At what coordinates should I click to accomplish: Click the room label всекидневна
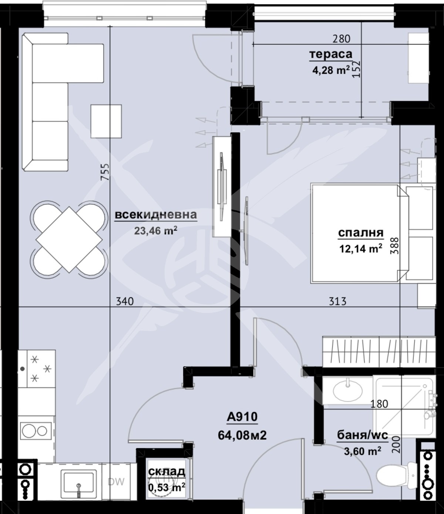pyautogui.click(x=156, y=215)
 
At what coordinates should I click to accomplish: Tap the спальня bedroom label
pyautogui.click(x=361, y=233)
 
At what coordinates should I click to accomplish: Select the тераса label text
pyautogui.click(x=331, y=54)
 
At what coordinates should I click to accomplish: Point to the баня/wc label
pyautogui.click(x=363, y=435)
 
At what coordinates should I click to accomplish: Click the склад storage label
pyautogui.click(x=166, y=471)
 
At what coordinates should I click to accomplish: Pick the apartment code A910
pyautogui.click(x=242, y=416)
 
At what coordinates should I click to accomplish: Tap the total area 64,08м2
pyautogui.click(x=242, y=435)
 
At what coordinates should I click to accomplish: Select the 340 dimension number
pyautogui.click(x=125, y=302)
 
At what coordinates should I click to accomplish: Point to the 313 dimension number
pyautogui.click(x=338, y=302)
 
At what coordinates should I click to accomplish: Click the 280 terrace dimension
pyautogui.click(x=342, y=39)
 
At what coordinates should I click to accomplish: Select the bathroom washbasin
pyautogui.click(x=348, y=392)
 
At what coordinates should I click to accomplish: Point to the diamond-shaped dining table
pyautogui.click(x=69, y=239)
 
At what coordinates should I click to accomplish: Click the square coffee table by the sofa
pyautogui.click(x=106, y=121)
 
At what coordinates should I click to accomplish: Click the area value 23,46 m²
pyautogui.click(x=156, y=231)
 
